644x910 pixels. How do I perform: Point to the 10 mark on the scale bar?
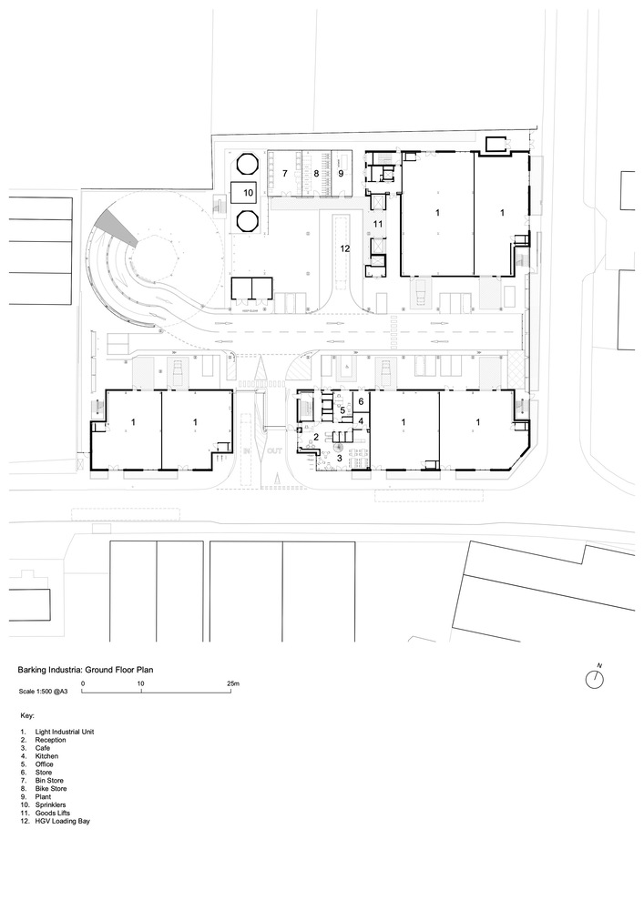pyautogui.click(x=141, y=683)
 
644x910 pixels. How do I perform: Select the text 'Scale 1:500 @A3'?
pyautogui.click(x=44, y=692)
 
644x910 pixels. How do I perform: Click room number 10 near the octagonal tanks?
pyautogui.click(x=249, y=193)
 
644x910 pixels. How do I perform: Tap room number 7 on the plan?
pyautogui.click(x=285, y=172)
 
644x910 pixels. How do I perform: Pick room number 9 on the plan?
pyautogui.click(x=342, y=172)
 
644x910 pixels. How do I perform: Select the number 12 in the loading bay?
pyautogui.click(x=344, y=247)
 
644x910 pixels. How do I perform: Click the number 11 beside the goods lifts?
pyautogui.click(x=377, y=222)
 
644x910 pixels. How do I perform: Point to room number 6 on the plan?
pyautogui.click(x=361, y=401)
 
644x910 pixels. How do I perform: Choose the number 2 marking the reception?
pyautogui.click(x=316, y=438)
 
